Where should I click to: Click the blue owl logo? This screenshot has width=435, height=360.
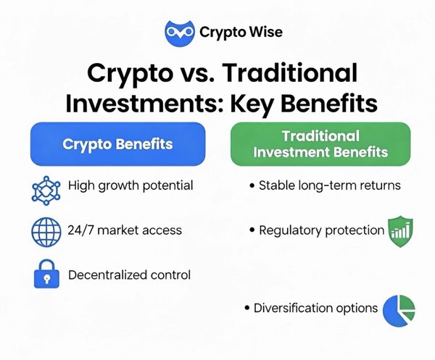point(180,33)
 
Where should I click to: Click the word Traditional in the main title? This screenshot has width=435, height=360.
point(289,73)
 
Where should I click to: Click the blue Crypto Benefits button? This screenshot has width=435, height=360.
point(117,144)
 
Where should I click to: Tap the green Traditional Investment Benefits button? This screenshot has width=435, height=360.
point(320,144)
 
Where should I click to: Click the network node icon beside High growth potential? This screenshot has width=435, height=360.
point(46,191)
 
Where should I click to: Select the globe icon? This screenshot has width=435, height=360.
point(46,232)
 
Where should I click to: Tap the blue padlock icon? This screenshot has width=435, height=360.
point(46,274)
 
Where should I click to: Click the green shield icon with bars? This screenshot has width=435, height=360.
point(400,231)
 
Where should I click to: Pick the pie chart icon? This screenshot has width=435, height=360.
point(399,311)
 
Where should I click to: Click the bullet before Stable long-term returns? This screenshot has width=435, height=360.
point(252,185)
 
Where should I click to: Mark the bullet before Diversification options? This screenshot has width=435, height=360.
point(247,308)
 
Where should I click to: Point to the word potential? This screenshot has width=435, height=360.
point(167,185)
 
